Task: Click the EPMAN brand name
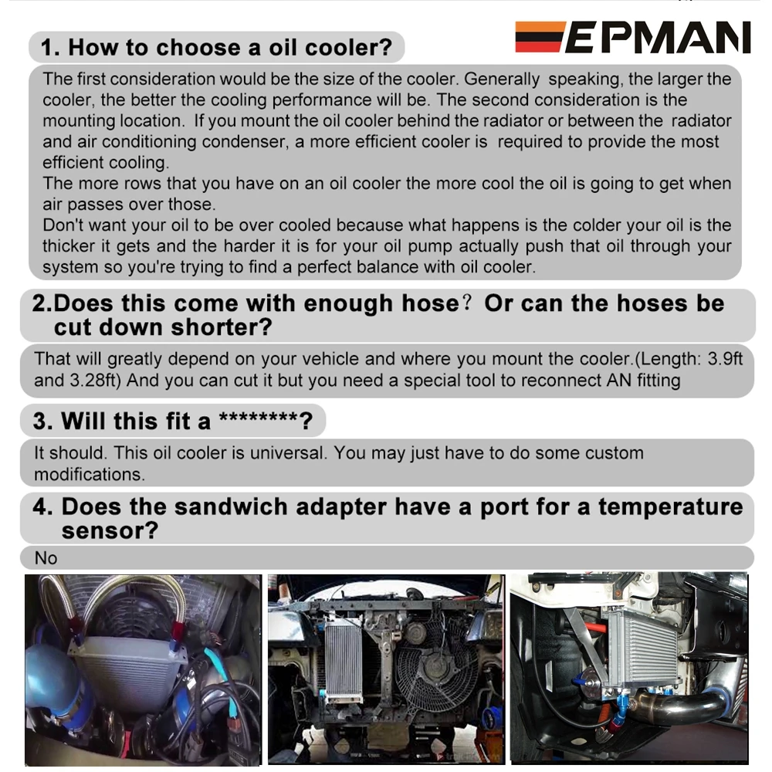click(x=659, y=37)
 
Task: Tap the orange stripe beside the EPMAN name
click(x=540, y=26)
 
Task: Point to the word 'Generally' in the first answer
click(x=502, y=80)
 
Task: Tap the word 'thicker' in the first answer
click(x=69, y=246)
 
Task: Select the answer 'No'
click(x=46, y=558)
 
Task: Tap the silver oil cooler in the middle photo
click(x=344, y=662)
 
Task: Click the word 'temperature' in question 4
click(x=671, y=507)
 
